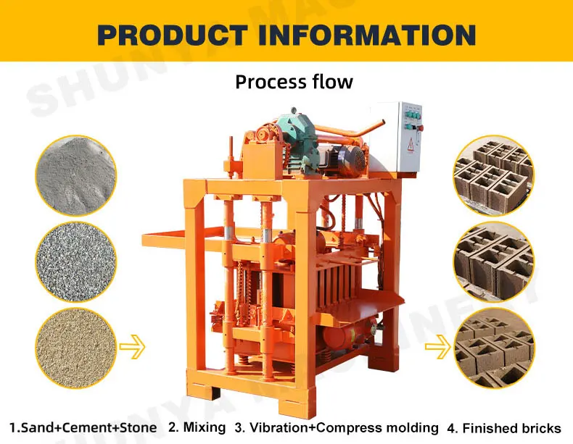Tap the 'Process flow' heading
[294, 81]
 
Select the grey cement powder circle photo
[75, 176]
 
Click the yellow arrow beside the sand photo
[132, 347]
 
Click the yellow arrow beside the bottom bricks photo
[437, 347]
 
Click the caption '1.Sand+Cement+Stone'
[83, 427]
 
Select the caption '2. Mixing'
[197, 427]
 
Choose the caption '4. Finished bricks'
[504, 428]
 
